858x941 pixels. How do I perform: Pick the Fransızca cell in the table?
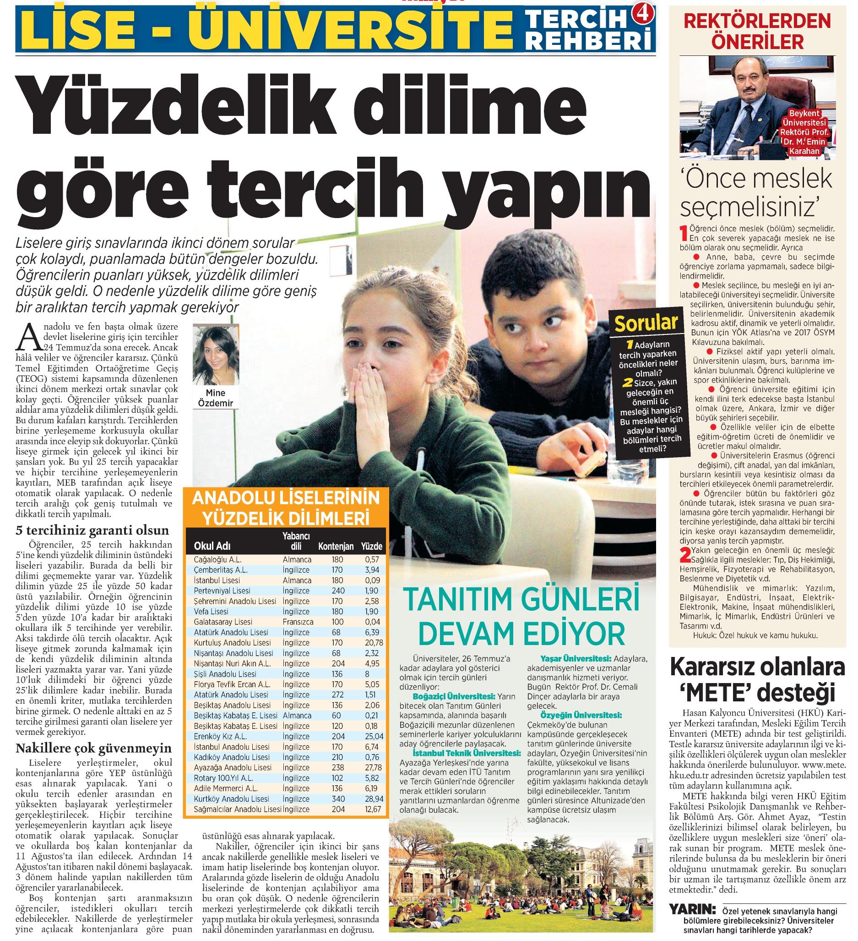[297, 622]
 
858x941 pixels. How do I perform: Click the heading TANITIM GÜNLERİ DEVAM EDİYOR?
[521, 617]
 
